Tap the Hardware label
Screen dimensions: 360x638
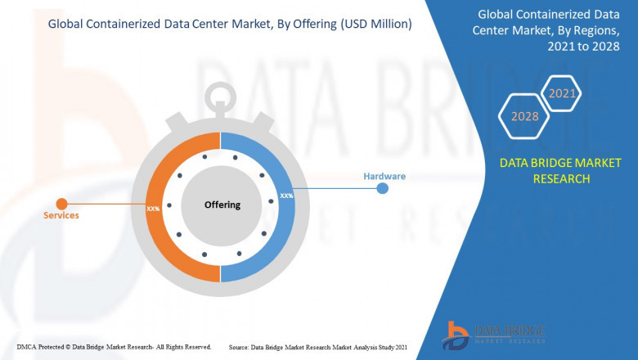click(384, 176)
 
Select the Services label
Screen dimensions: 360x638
click(61, 215)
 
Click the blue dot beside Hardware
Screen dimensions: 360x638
click(382, 189)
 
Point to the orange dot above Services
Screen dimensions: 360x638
click(61, 203)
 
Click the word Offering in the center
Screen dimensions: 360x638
click(222, 205)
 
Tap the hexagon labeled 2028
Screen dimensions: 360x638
click(524, 116)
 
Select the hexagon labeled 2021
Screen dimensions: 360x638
click(562, 93)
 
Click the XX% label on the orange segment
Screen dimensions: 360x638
click(153, 209)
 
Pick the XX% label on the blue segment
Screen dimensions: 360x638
click(287, 196)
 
